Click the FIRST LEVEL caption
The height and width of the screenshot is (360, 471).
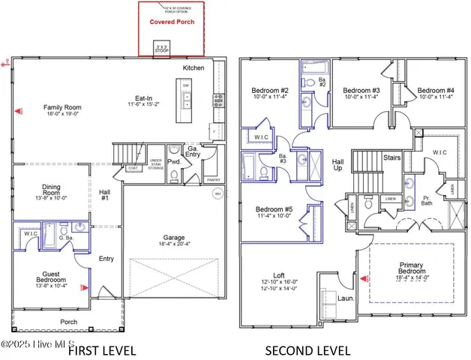click(102, 350)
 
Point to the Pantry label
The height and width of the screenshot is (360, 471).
click(213, 180)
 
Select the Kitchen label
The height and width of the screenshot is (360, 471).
click(193, 68)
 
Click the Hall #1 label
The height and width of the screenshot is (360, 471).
click(104, 195)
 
